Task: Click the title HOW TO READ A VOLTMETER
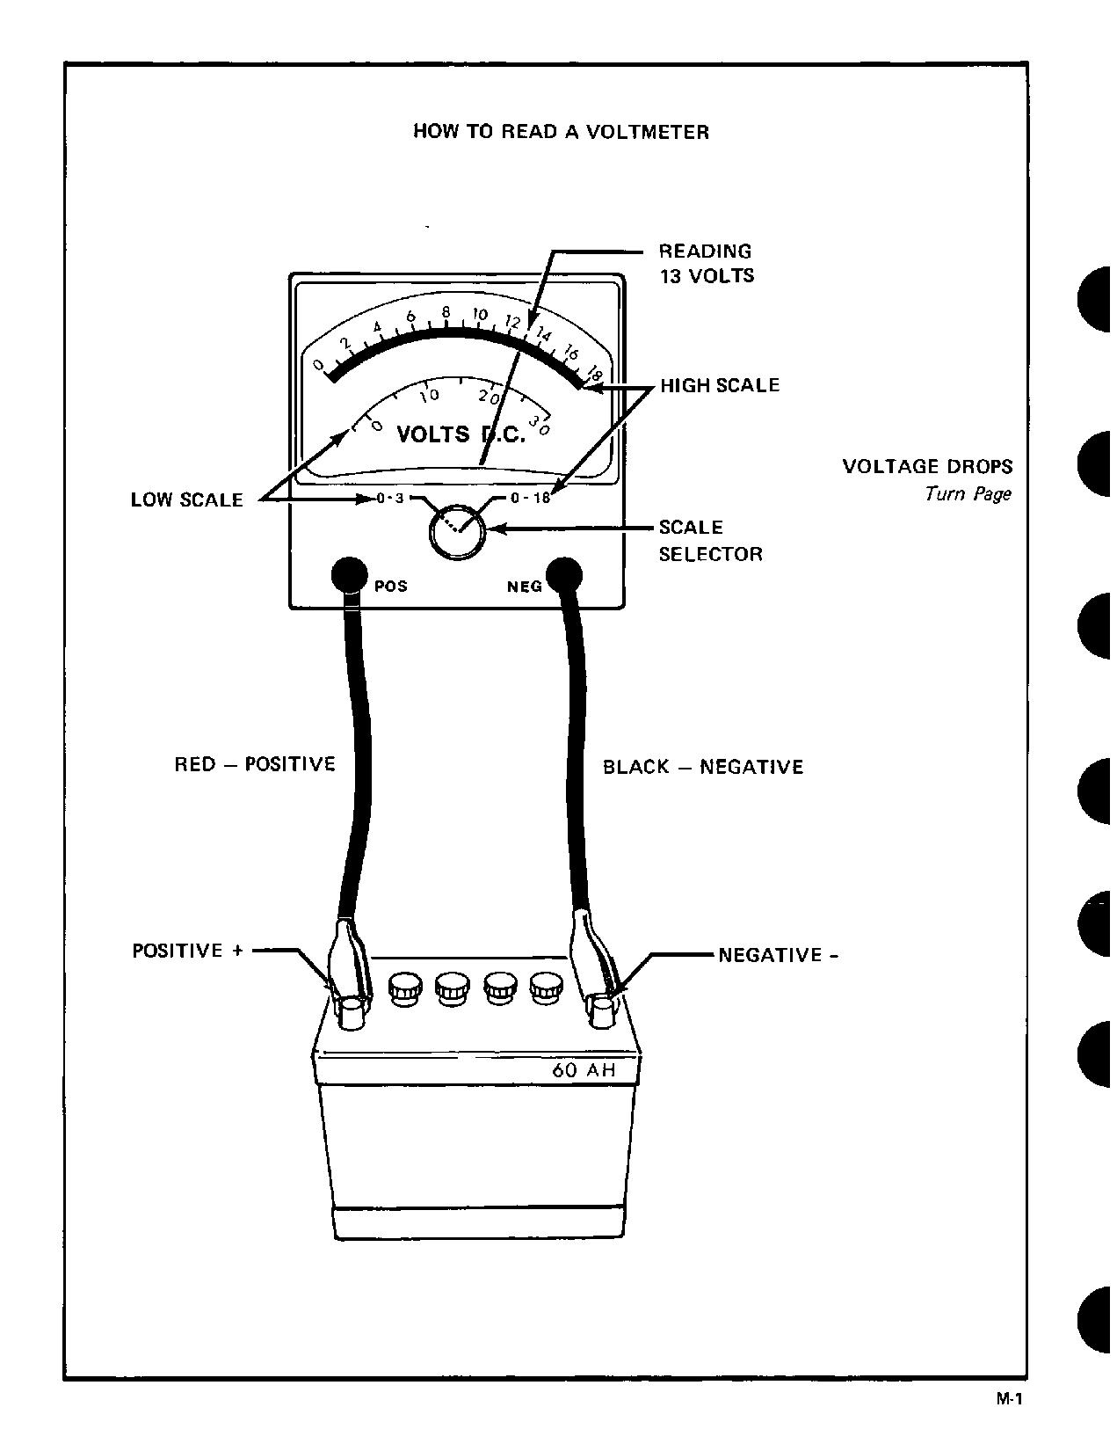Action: [x=561, y=132]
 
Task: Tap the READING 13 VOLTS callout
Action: [x=706, y=263]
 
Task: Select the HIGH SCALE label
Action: [x=720, y=385]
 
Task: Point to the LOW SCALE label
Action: [x=186, y=499]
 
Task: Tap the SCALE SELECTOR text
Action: [x=710, y=540]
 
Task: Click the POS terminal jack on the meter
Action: [x=348, y=575]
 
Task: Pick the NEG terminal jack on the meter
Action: [x=564, y=575]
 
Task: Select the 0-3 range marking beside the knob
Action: [x=389, y=499]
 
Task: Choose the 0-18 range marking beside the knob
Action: [x=530, y=498]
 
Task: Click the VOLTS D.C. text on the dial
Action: [x=461, y=434]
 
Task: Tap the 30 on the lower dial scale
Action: [x=540, y=427]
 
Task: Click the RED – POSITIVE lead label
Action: [x=255, y=763]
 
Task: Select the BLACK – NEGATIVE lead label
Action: [x=703, y=767]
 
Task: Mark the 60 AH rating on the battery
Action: [x=584, y=1070]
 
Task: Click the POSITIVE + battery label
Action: [x=187, y=951]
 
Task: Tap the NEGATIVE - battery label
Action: [x=778, y=955]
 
